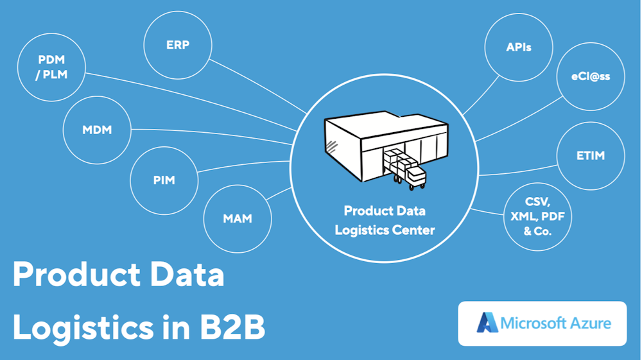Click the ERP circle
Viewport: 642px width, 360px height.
click(x=177, y=46)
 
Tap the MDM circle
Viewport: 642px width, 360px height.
click(x=97, y=130)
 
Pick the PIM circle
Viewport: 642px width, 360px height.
click(x=164, y=180)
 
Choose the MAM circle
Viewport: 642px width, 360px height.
click(x=237, y=218)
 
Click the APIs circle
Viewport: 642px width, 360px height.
click(x=518, y=47)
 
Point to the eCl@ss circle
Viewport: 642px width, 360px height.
click(x=591, y=76)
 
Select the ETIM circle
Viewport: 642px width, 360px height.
click(x=591, y=155)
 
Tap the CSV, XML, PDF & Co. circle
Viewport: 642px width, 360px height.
click(x=537, y=217)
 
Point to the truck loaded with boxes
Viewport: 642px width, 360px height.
click(x=404, y=168)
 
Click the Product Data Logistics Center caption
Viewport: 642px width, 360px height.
click(x=385, y=219)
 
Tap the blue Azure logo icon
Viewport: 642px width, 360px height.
click(x=487, y=323)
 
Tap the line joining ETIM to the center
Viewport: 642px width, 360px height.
click(x=517, y=171)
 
